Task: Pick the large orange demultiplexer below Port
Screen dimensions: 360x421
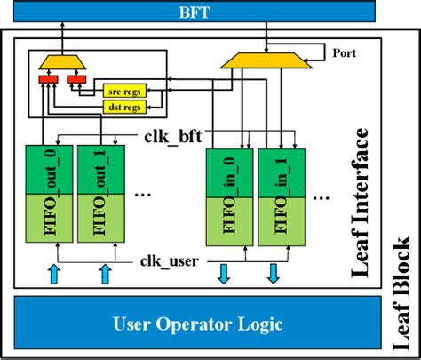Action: [x=264, y=60]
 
